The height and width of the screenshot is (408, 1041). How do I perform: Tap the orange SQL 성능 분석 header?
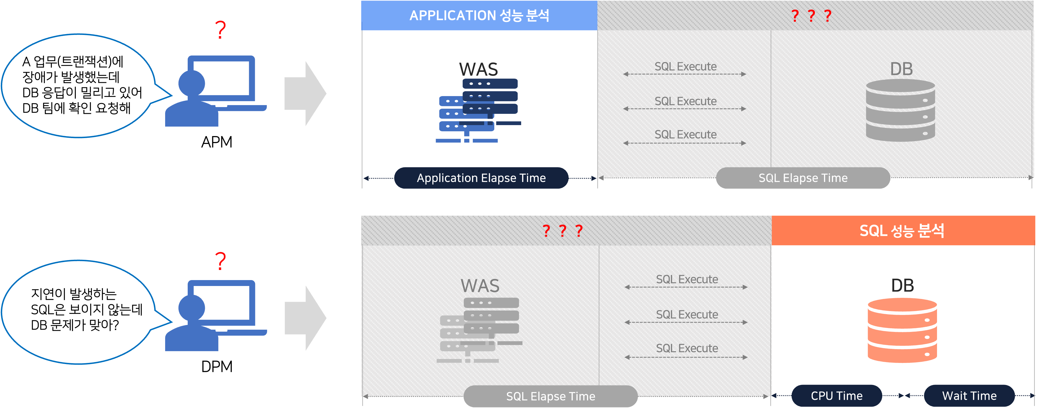[x=902, y=231]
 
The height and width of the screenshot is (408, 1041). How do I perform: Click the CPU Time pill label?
[x=836, y=396]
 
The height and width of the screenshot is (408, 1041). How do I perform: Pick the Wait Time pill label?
[x=969, y=396]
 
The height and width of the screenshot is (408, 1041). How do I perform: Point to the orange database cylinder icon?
[x=902, y=331]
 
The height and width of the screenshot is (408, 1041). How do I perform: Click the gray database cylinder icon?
[x=900, y=110]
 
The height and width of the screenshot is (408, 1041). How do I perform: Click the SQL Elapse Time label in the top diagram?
[x=803, y=178]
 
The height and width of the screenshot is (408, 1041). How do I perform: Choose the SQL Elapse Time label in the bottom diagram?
[x=550, y=396]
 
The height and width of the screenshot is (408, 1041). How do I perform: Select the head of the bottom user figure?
[x=192, y=308]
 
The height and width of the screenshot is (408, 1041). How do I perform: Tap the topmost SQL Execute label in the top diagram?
[x=685, y=67]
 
